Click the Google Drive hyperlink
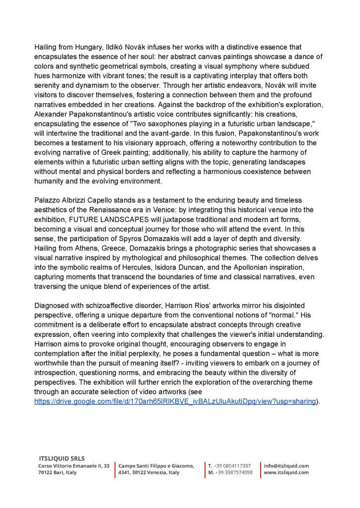[175, 401]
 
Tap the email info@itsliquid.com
[286, 466]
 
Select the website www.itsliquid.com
[286, 473]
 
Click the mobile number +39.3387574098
[233, 473]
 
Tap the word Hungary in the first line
[86, 47]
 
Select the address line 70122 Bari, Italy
[58, 473]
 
